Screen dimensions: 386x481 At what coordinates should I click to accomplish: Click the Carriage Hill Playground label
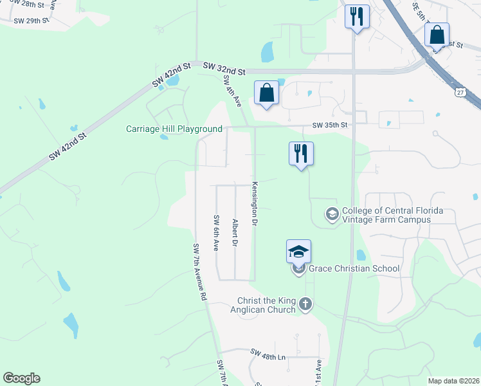(174, 129)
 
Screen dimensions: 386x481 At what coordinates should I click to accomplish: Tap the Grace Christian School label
(354, 268)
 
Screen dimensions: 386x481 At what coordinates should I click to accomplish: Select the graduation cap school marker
(298, 252)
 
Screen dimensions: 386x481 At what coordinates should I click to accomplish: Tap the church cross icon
(305, 304)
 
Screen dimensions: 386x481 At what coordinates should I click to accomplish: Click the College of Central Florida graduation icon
(332, 214)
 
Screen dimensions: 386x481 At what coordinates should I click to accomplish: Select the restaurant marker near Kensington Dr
(300, 154)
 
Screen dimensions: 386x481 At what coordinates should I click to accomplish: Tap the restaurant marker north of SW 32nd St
(356, 16)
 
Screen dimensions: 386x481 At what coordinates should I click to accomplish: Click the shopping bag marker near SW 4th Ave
(266, 93)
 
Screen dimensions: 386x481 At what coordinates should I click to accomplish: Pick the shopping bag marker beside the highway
(437, 36)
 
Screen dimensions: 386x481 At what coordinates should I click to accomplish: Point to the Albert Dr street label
(235, 233)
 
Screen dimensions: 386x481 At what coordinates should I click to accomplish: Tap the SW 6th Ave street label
(216, 233)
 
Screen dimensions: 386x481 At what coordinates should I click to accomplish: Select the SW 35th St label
(330, 125)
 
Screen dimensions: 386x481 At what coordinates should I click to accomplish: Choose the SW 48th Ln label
(268, 353)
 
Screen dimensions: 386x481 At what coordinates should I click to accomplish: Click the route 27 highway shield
(459, 93)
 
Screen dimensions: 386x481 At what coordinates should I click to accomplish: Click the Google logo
(21, 378)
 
